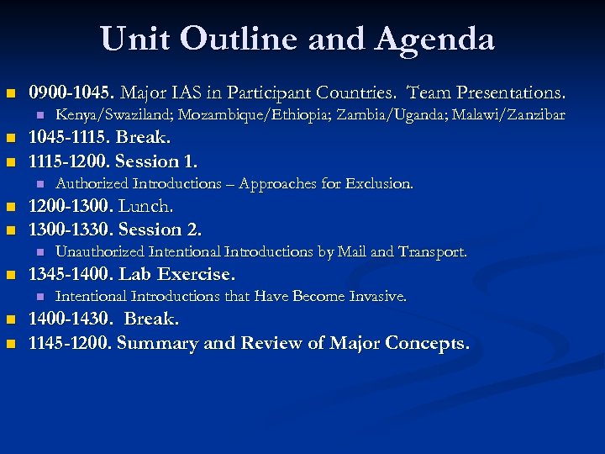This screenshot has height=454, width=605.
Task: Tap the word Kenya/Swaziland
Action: click(x=104, y=115)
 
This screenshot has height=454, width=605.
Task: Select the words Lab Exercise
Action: click(x=177, y=274)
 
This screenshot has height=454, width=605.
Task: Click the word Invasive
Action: click(x=378, y=296)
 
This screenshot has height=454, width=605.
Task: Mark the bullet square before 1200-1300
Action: click(x=10, y=207)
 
